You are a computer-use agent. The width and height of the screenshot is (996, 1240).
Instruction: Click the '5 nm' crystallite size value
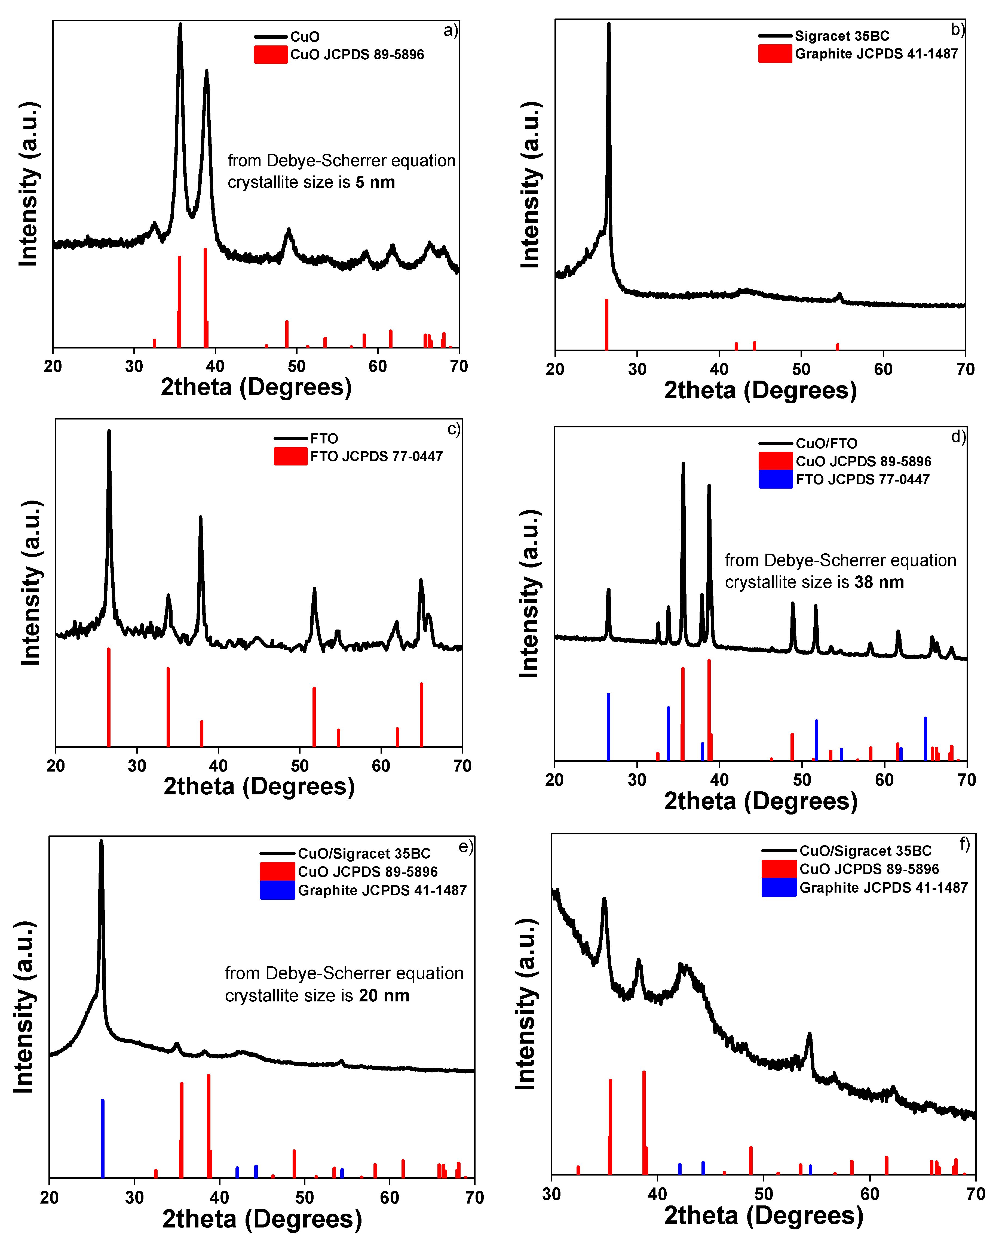pyautogui.click(x=375, y=182)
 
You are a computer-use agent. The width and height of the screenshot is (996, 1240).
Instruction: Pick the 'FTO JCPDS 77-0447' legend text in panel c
pyautogui.click(x=376, y=456)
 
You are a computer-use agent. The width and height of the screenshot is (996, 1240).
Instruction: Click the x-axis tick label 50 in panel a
pyautogui.click(x=297, y=366)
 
